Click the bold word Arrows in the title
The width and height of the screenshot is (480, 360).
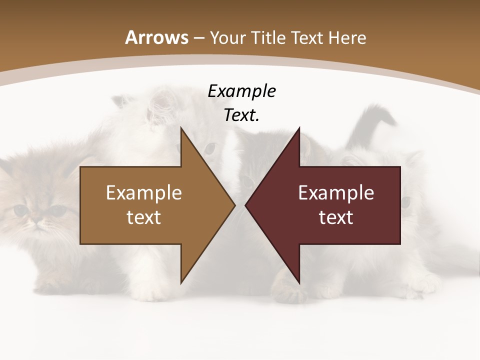[157, 37]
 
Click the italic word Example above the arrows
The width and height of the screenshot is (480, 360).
[241, 91]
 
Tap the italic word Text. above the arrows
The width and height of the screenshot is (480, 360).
[241, 115]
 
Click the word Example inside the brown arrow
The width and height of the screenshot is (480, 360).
[144, 192]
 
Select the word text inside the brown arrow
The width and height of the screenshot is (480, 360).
[144, 217]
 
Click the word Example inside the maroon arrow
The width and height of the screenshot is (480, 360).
[336, 192]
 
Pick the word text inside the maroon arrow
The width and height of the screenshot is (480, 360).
[336, 217]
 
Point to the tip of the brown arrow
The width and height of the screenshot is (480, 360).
[234, 205]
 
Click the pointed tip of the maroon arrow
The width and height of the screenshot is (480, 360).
[246, 205]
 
